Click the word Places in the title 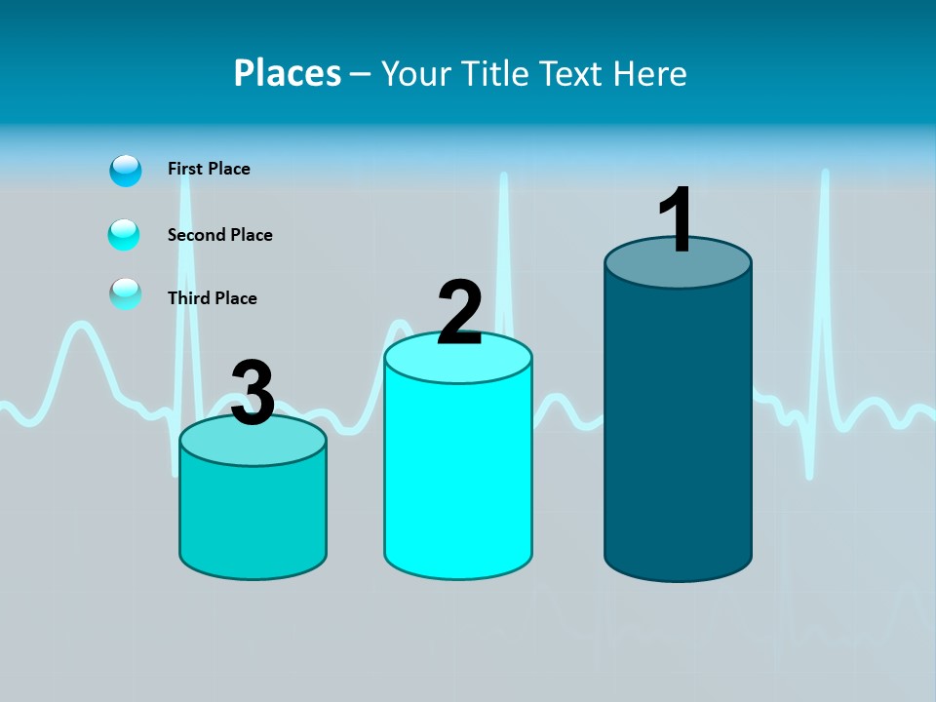pos(288,73)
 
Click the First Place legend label pos(209,169)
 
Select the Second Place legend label pos(219,235)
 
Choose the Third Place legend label pos(212,298)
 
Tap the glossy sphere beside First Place pos(126,171)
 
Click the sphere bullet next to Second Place pos(124,235)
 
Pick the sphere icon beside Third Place pos(125,293)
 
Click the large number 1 pos(676,220)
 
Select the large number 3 pos(253,393)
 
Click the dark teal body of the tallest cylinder pos(678,429)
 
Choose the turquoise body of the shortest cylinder pos(253,517)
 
